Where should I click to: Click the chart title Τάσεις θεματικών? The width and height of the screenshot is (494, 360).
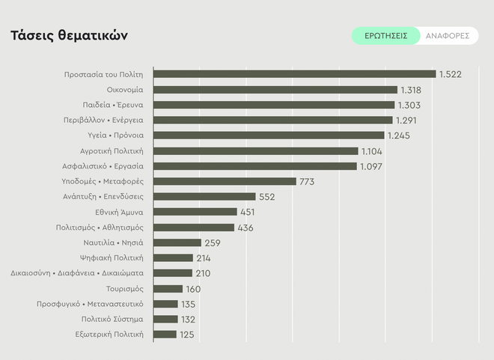tap(69, 36)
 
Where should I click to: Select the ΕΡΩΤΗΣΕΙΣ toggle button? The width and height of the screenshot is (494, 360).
tap(385, 36)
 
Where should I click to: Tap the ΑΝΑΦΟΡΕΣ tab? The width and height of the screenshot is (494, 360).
tap(447, 36)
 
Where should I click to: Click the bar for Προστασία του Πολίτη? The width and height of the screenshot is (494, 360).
tap(294, 74)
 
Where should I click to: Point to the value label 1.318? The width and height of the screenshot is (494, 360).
tap(412, 90)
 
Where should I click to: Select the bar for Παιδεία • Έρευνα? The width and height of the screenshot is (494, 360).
tap(274, 105)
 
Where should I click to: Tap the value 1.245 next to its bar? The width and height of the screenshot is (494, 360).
tap(401, 135)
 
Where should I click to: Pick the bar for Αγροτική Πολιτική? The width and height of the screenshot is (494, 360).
tap(256, 150)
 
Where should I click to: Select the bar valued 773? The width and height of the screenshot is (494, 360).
tap(225, 181)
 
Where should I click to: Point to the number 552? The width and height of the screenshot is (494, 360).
tap(266, 197)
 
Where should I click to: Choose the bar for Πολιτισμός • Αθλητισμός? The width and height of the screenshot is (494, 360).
tap(194, 228)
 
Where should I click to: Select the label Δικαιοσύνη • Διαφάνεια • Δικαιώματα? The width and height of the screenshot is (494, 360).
tap(77, 273)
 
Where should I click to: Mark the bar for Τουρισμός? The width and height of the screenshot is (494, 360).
tap(168, 288)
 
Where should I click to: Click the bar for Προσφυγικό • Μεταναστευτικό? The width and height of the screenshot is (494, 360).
tap(165, 304)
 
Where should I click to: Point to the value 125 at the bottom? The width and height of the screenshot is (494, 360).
tap(187, 335)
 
